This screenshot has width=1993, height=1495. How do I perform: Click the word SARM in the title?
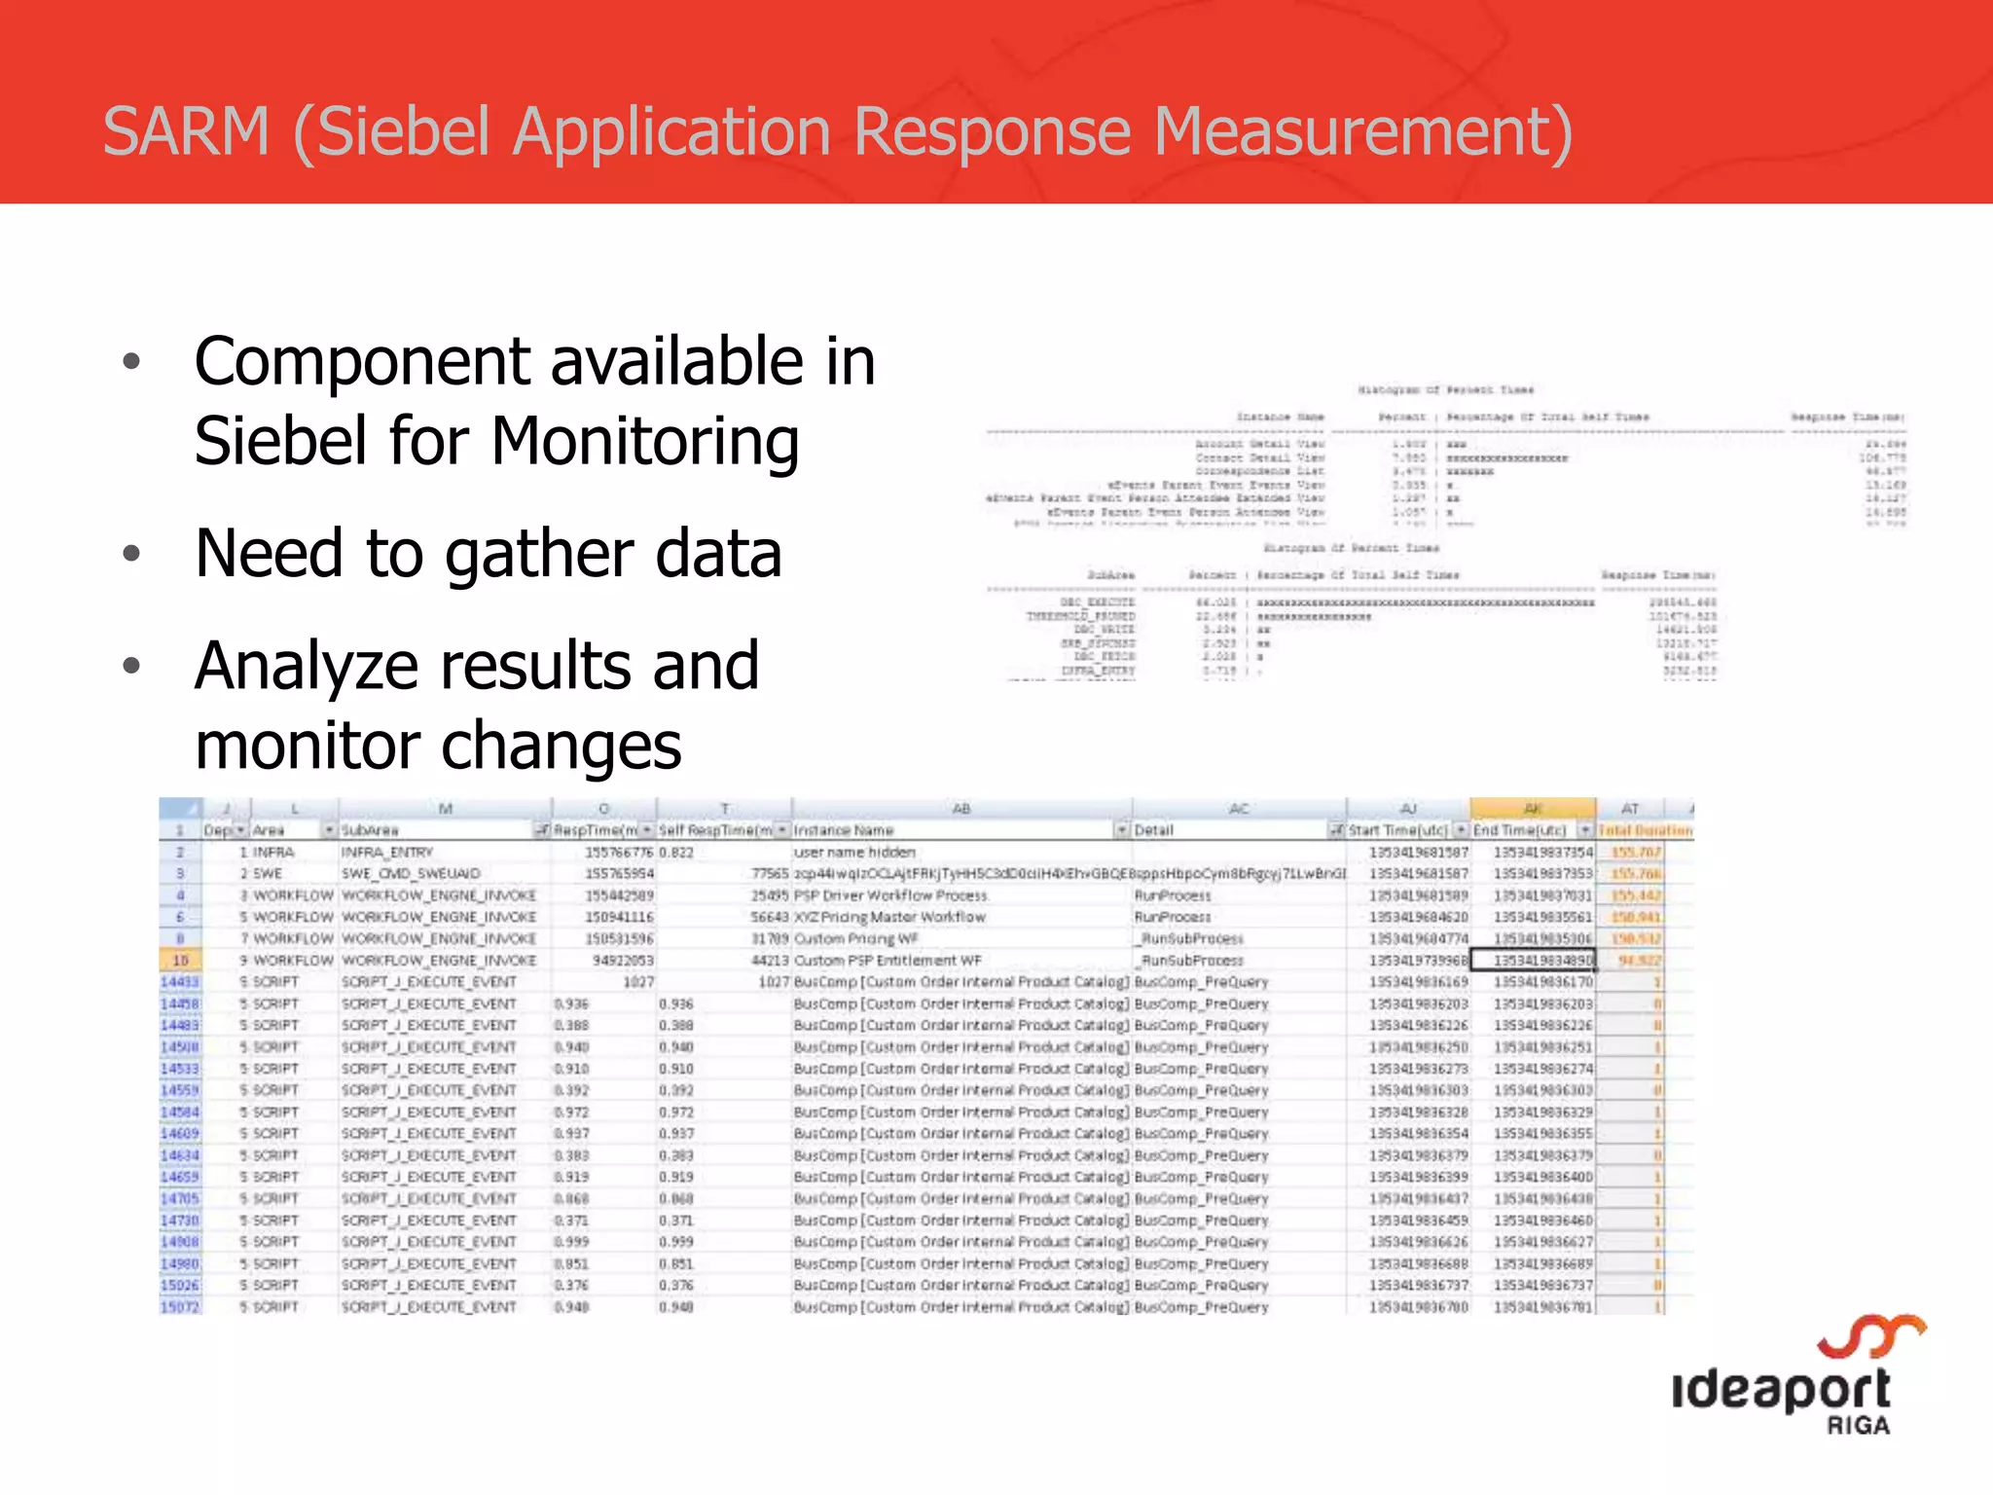point(186,132)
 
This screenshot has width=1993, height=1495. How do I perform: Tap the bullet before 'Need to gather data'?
point(132,555)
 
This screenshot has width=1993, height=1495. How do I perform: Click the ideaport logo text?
point(1780,1389)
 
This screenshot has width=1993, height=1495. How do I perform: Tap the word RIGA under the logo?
point(1858,1426)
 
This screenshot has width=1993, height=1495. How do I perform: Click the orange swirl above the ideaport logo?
point(1871,1336)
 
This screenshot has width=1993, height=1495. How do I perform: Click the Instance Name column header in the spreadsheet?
point(844,830)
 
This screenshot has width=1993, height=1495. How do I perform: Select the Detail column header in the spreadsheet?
point(1154,830)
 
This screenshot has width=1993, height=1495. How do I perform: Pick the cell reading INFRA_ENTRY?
point(386,853)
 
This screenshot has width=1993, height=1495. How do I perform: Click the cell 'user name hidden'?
point(854,853)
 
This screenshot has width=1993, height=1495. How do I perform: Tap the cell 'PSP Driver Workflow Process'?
point(890,895)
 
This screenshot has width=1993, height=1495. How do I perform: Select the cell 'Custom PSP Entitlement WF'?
point(888,961)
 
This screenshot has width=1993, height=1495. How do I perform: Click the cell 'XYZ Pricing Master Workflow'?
point(889,917)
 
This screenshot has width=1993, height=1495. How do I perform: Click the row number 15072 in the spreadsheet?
point(180,1307)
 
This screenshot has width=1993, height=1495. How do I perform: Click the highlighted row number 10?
point(180,961)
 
